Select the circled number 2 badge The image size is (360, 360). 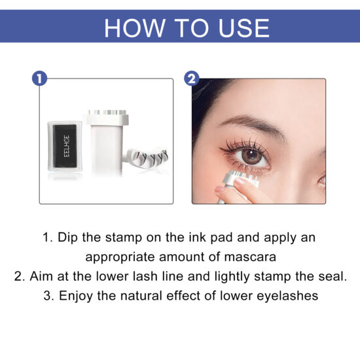pos(191,79)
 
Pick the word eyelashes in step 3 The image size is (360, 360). pos(290,296)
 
